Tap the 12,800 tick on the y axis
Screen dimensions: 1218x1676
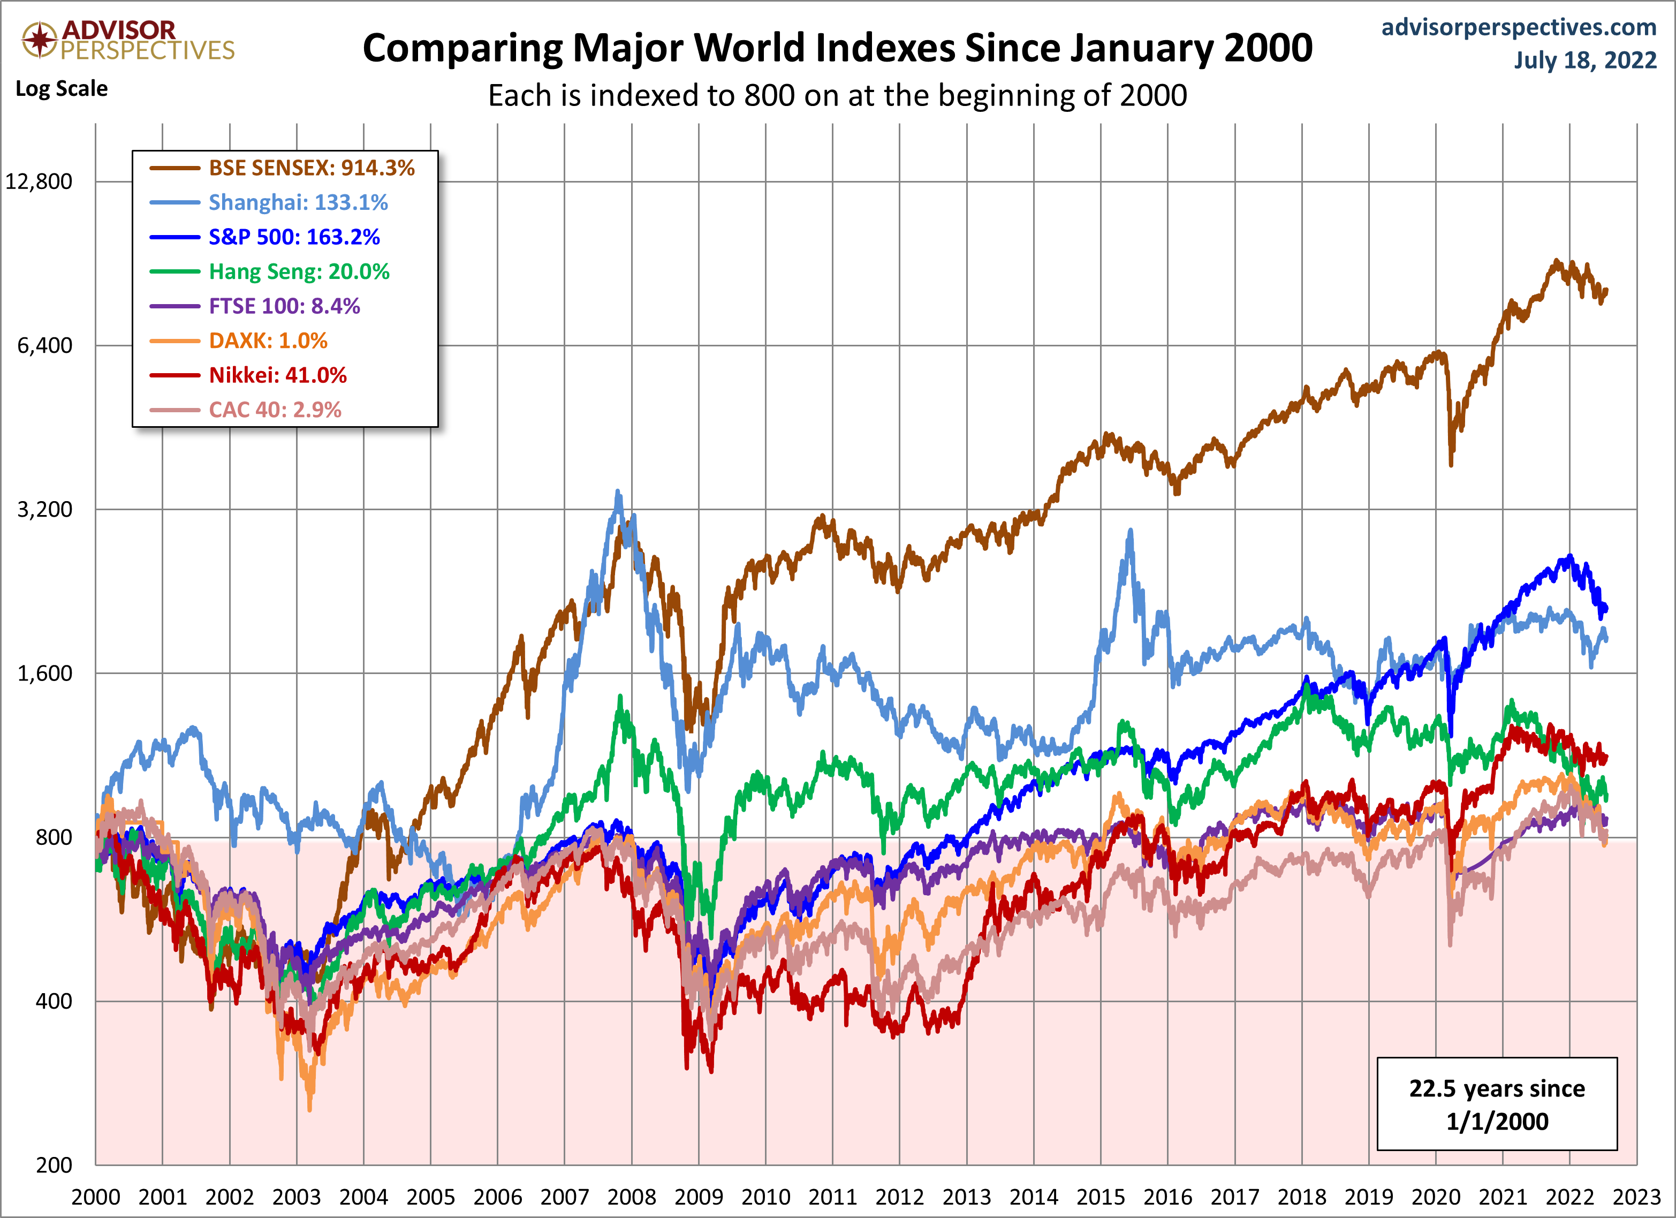(x=39, y=182)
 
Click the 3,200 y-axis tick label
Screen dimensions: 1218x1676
(x=44, y=509)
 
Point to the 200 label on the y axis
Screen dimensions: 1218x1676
(x=54, y=1166)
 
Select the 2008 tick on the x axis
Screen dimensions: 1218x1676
(x=632, y=1197)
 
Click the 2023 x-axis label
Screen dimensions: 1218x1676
(x=1637, y=1197)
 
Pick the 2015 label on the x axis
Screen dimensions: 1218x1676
(x=1101, y=1197)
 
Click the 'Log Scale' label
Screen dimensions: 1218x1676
(x=62, y=89)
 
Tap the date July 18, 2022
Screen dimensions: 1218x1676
(x=1585, y=60)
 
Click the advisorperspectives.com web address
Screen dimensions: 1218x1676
(x=1519, y=27)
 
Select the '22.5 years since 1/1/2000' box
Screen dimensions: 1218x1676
(x=1497, y=1104)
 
